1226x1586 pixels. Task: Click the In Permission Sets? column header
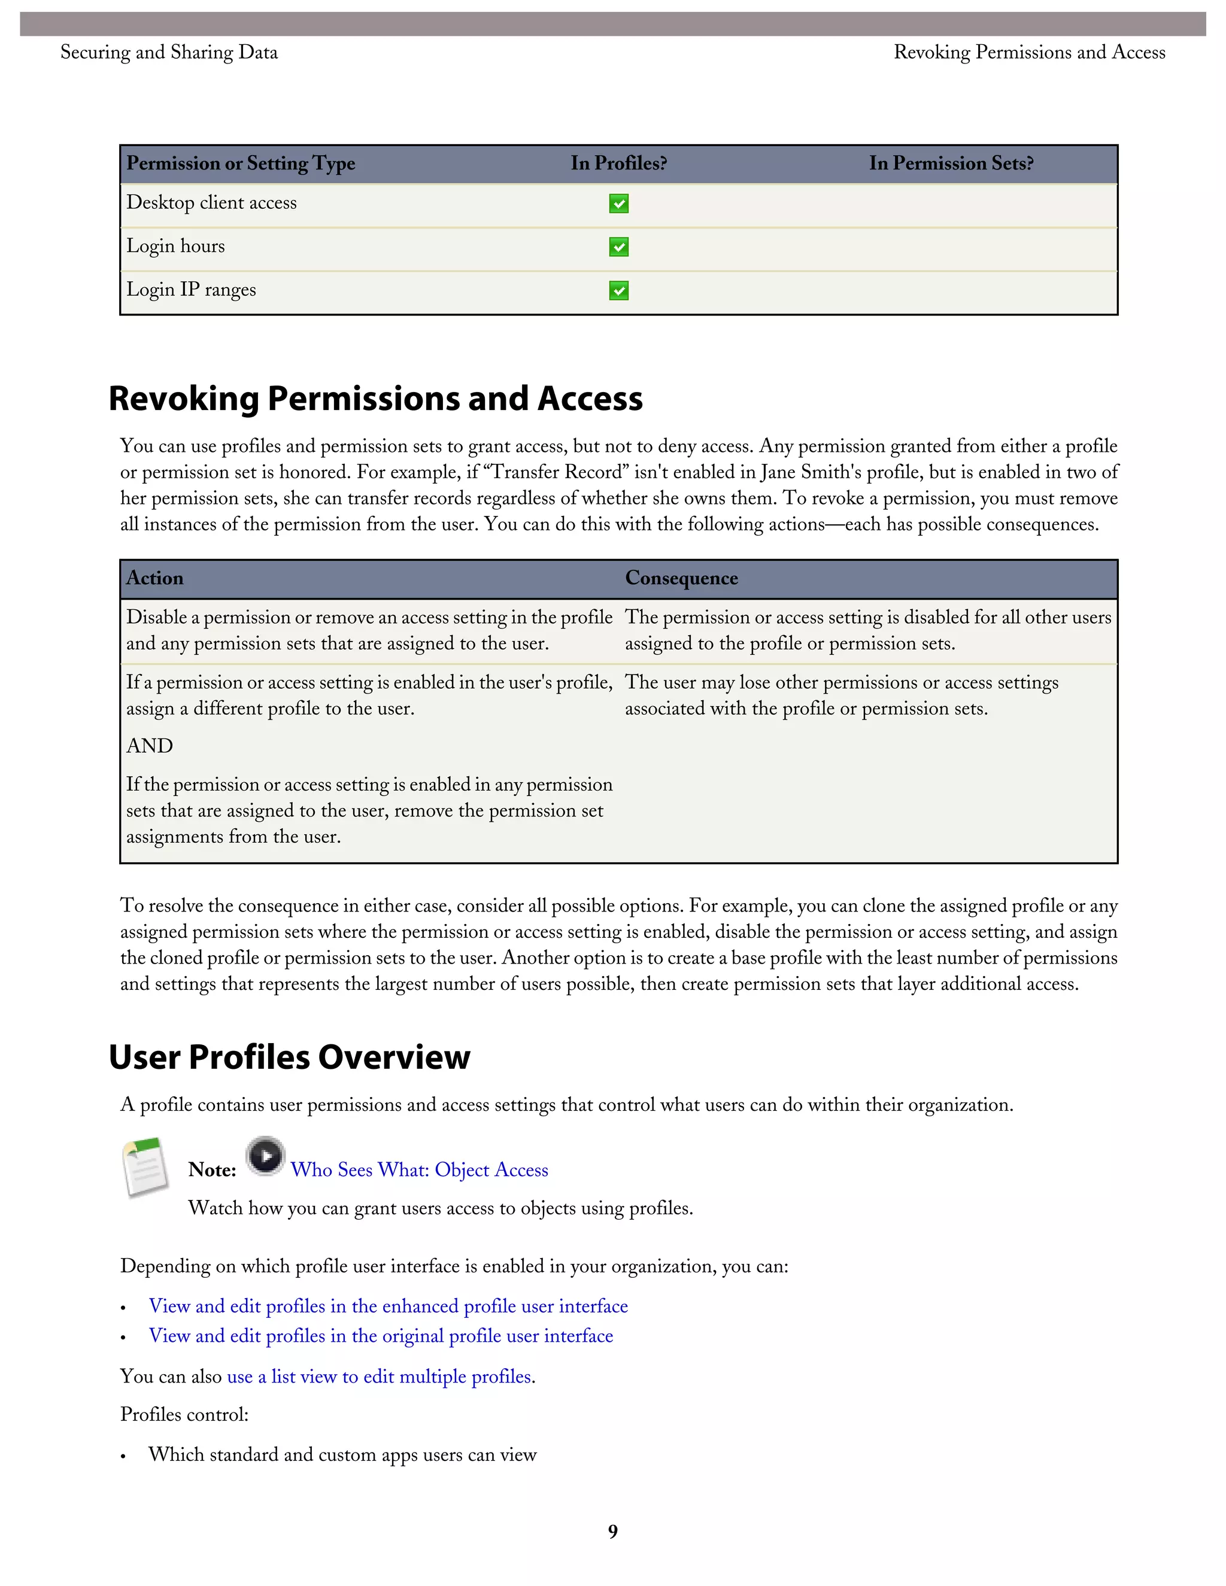point(951,163)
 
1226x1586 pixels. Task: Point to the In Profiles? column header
point(618,163)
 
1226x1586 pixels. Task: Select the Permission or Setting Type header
point(241,163)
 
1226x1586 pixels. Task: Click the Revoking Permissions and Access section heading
point(375,399)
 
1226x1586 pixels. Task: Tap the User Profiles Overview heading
point(289,1058)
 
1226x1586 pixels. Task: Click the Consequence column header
point(681,578)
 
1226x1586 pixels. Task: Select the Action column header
point(154,578)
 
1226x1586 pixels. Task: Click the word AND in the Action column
point(150,746)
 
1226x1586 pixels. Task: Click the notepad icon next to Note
point(145,1167)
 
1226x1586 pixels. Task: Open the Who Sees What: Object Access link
point(419,1170)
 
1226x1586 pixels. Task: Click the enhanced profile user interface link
point(388,1307)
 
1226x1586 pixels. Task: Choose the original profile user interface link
point(381,1336)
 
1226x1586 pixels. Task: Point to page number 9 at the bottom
point(613,1532)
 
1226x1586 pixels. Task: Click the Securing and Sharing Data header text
point(168,52)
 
